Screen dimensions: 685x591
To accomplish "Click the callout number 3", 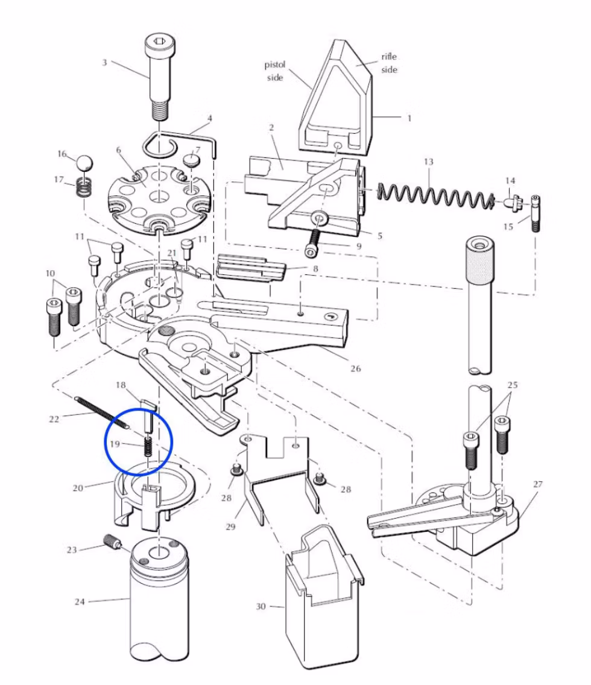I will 105,63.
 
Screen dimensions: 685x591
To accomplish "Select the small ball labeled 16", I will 84,163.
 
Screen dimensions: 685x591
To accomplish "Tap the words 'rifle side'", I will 389,63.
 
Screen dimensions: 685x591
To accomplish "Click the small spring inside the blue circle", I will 147,447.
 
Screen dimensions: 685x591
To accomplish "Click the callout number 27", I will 538,484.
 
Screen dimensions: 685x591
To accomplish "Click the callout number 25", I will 513,385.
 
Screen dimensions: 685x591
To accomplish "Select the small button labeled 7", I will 192,160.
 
